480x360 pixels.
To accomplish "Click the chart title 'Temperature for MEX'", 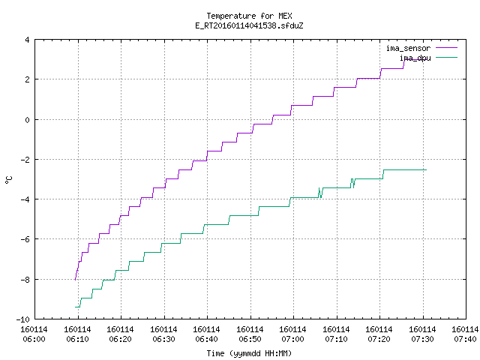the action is click(x=249, y=16).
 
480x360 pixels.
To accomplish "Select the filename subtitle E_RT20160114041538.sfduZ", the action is click(x=249, y=25).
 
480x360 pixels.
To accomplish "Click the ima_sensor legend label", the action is click(x=408, y=48).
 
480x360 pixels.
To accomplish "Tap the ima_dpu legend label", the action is click(x=415, y=58).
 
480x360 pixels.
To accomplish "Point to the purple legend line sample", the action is click(x=447, y=48).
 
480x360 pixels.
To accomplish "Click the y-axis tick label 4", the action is click(x=28, y=40).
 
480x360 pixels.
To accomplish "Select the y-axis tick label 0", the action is click(x=28, y=120).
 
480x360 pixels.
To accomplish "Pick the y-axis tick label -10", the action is click(x=23, y=319).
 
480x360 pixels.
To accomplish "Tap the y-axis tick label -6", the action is click(x=25, y=239).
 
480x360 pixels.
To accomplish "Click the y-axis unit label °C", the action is click(x=8, y=180).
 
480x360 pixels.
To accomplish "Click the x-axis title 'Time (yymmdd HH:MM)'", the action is click(x=249, y=353).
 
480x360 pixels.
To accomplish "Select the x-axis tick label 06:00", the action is click(x=34, y=339).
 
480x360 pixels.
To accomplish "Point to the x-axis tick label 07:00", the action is click(x=293, y=339).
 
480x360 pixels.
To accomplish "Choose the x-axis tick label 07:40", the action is click(x=465, y=339).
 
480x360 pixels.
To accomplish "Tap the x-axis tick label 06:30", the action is click(x=163, y=339).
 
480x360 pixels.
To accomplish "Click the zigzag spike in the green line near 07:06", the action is click(x=320, y=193).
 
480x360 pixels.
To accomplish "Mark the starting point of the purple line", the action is click(x=75, y=280).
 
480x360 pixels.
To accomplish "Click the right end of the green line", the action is click(x=426, y=170).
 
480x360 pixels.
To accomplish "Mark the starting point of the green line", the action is click(x=75, y=307).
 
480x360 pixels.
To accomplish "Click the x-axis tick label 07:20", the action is click(x=379, y=339).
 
